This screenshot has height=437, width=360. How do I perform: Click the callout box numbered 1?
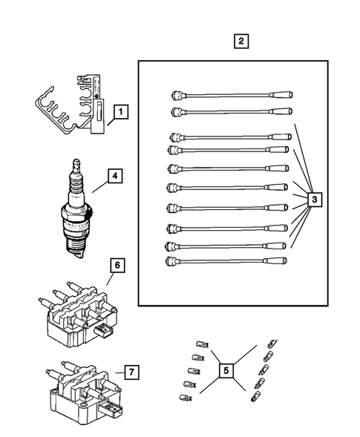pos(119,113)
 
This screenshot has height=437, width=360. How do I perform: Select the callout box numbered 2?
pos(239,42)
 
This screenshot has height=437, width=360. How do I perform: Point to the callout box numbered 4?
pos(114,177)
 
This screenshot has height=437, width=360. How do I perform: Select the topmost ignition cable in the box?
pos(230,96)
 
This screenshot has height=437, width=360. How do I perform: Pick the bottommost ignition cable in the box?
pos(230,261)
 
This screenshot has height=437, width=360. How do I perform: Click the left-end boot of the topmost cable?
pos(175,95)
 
